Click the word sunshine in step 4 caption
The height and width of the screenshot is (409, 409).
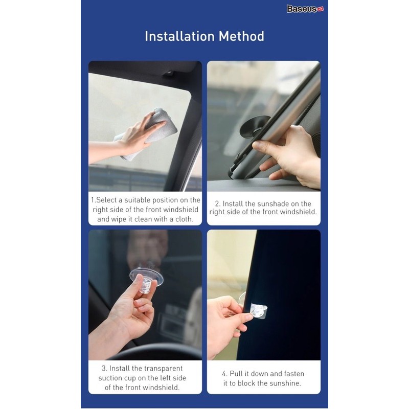click(284, 383)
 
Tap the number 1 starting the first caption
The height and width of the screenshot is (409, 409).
click(93, 200)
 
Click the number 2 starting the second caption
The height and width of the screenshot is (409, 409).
click(217, 203)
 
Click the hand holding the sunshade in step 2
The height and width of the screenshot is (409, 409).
click(291, 153)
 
